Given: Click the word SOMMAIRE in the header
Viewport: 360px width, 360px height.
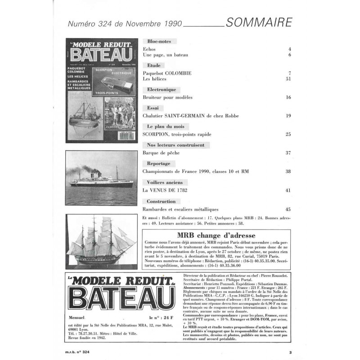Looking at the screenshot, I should (x=260, y=22).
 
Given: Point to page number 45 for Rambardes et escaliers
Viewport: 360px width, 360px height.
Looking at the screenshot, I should (x=288, y=209).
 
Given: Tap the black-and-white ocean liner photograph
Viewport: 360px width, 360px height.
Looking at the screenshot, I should (x=102, y=177).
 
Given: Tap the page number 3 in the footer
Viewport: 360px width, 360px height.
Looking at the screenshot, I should (x=291, y=353).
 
